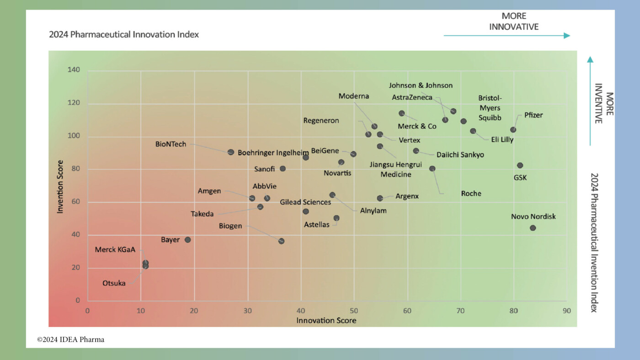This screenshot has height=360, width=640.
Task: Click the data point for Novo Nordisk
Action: (533, 228)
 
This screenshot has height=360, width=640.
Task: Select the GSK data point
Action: (520, 165)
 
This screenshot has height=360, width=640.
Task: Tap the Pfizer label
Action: (533, 115)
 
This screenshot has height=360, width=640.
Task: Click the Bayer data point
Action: (187, 240)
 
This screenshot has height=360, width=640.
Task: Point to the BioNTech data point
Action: (231, 152)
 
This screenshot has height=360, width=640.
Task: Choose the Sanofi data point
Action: (283, 168)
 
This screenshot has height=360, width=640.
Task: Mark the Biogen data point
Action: (281, 241)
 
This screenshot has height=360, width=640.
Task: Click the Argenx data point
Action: (380, 198)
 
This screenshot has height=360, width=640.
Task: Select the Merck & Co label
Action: (417, 126)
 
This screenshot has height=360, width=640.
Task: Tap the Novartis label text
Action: (337, 173)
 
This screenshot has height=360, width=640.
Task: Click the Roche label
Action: (471, 193)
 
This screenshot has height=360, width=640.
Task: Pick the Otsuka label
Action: (114, 283)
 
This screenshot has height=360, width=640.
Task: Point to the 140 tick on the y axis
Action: (74, 70)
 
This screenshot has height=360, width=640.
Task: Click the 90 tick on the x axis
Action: (566, 311)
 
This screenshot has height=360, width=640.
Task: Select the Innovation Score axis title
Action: (326, 320)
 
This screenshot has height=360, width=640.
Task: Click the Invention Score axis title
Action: (60, 186)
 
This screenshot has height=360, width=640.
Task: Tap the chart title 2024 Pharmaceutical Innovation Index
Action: (124, 34)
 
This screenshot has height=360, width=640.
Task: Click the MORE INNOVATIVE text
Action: (514, 21)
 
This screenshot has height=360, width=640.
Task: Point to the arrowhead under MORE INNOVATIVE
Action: (567, 36)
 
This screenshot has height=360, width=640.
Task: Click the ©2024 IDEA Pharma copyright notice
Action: (71, 339)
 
